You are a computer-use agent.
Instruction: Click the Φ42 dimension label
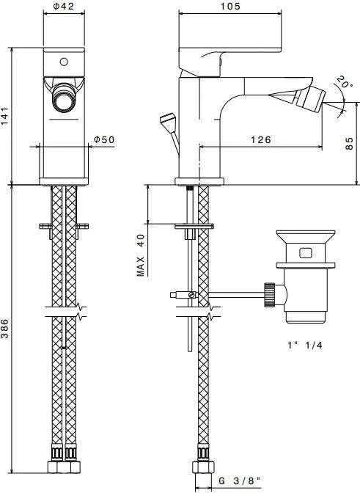tap(64, 7)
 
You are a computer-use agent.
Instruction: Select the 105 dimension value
tap(230, 7)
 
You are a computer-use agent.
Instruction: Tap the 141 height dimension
tap(4, 116)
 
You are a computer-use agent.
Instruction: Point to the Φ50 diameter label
tap(104, 139)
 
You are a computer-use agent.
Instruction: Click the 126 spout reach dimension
tap(261, 139)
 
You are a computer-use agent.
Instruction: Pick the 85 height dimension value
tap(349, 143)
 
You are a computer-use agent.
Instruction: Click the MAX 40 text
tap(141, 255)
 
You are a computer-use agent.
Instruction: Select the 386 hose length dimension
tap(4, 329)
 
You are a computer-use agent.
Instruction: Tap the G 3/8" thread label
tap(240, 481)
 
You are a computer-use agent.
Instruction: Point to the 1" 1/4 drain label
tap(305, 346)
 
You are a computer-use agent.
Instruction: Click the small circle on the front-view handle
tap(64, 62)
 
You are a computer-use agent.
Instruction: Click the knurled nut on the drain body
tap(270, 294)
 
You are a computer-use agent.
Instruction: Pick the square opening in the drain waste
tap(305, 253)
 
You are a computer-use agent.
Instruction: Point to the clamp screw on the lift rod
tap(191, 295)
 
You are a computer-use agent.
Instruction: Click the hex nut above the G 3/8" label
tap(204, 467)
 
